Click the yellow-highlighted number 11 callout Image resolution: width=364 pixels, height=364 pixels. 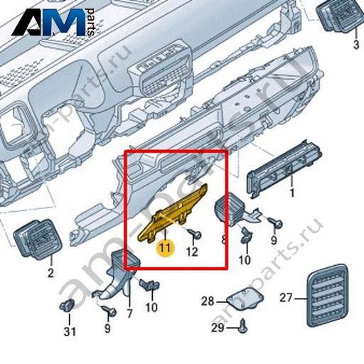coord(165,248)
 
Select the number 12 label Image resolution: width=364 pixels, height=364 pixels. coord(192,252)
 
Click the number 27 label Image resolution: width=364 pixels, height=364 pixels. coord(286,298)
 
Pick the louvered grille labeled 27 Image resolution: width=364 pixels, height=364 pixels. coord(328,295)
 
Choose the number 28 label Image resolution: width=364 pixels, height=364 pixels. coord(208,301)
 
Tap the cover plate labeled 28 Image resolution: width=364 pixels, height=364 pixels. coord(245,299)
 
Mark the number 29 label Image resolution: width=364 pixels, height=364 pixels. coord(218,328)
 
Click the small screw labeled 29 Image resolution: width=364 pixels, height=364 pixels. coord(242,327)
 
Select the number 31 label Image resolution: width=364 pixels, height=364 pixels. coord(70,331)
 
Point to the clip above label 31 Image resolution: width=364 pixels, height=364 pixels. coord(67,306)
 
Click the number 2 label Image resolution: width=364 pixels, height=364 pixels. coord(50,273)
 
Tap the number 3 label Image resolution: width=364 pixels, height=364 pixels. coord(356,44)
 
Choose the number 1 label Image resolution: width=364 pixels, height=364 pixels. coord(292,193)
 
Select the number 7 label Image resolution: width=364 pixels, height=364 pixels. coord(129,314)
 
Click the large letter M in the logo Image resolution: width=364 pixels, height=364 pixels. coord(63,22)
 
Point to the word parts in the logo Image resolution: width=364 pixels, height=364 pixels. coord(90,22)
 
